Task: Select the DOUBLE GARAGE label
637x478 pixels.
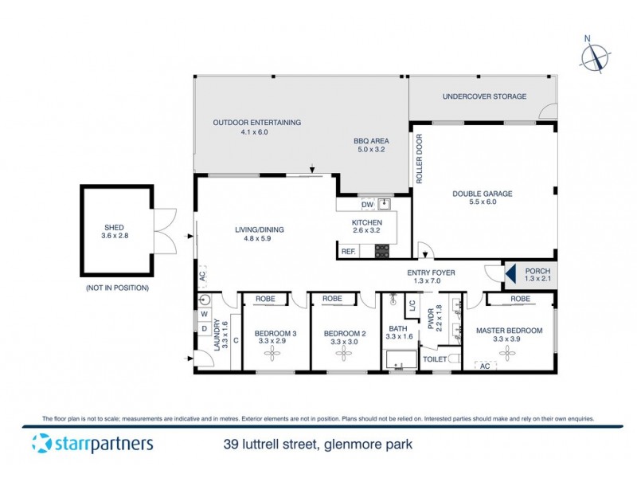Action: pos(482,193)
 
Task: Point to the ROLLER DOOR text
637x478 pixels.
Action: pos(419,159)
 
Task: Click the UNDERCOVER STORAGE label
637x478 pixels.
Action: pos(484,96)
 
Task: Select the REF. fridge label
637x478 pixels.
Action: pos(348,251)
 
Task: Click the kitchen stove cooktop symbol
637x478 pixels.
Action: pos(382,251)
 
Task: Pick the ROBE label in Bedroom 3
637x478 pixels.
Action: pos(265,299)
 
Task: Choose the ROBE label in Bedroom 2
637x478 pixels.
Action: pos(333,299)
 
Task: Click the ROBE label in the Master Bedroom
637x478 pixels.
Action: pos(520,299)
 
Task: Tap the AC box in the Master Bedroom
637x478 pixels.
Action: pos(485,366)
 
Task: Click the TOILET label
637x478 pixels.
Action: pos(435,359)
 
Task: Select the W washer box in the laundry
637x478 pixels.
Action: pos(205,314)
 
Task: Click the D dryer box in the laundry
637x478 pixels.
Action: pos(205,327)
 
